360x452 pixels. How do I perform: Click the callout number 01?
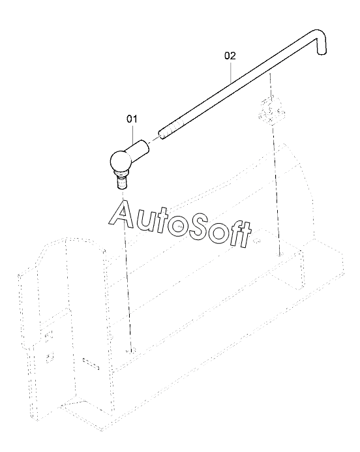click(x=132, y=119)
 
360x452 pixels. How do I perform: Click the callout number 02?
click(x=230, y=55)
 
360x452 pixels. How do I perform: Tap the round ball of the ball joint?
click(x=120, y=161)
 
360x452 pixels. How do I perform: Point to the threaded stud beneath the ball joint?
click(x=122, y=183)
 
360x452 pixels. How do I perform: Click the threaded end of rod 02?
click(x=171, y=130)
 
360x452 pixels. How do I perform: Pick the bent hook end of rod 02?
click(x=320, y=42)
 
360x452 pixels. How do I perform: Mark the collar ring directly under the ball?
click(x=121, y=173)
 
